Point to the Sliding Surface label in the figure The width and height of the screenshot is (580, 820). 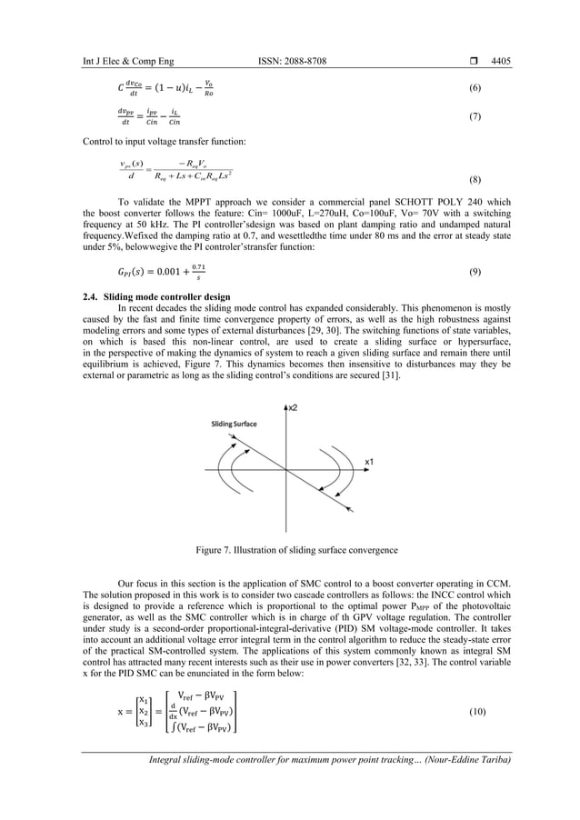coord(234,424)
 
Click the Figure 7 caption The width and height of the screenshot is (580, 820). coord(290,550)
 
